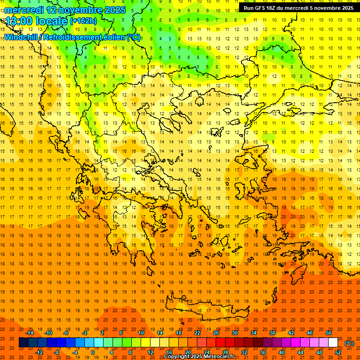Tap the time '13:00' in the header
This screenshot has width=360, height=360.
point(20,21)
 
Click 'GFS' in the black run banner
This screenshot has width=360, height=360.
point(262,8)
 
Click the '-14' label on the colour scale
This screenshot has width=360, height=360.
point(30,333)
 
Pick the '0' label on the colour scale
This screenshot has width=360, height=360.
point(92,352)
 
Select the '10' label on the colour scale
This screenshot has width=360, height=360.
point(141,333)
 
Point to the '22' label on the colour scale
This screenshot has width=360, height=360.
point(197,333)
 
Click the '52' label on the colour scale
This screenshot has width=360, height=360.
point(338,352)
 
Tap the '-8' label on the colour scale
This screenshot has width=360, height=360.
point(57,352)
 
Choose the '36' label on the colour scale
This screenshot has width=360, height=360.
point(263,352)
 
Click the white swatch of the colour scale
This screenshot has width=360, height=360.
point(333,342)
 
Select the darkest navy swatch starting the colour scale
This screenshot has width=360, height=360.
point(23,342)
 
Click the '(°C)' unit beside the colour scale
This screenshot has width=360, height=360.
point(349,343)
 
